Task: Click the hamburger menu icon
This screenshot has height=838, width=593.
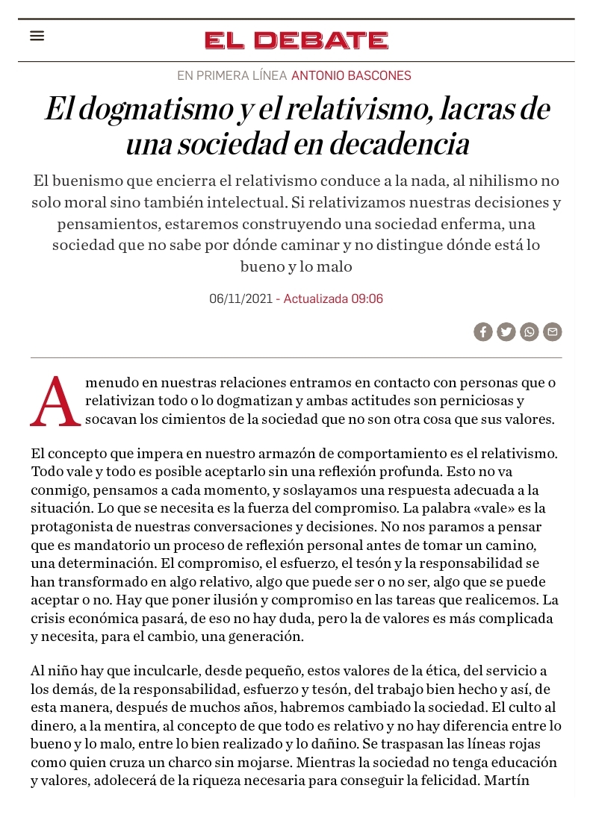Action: pyautogui.click(x=37, y=36)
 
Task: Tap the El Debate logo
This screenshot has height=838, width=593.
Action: pyautogui.click(x=296, y=40)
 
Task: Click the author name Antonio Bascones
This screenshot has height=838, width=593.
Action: pyautogui.click(x=351, y=75)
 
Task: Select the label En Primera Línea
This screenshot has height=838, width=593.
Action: pyautogui.click(x=232, y=75)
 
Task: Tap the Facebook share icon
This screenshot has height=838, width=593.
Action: pyautogui.click(x=483, y=332)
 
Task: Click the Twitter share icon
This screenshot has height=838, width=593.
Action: pyautogui.click(x=506, y=332)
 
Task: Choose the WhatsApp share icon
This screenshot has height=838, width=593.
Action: pyautogui.click(x=530, y=332)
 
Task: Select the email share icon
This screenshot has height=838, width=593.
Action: pyautogui.click(x=553, y=332)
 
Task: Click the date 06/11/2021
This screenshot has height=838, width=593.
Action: pyautogui.click(x=240, y=298)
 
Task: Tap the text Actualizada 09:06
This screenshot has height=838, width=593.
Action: pyautogui.click(x=333, y=298)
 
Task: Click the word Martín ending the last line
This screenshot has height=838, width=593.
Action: pyautogui.click(x=508, y=781)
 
